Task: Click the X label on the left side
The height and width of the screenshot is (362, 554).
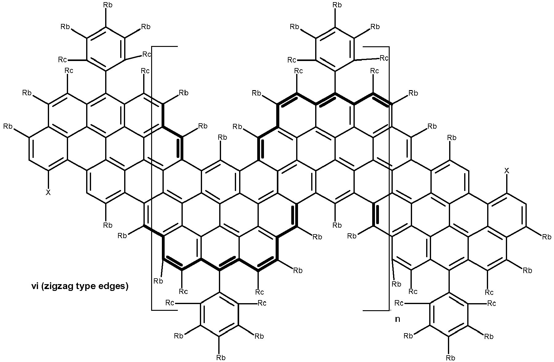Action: (x=48, y=192)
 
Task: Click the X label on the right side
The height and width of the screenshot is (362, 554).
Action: (x=507, y=171)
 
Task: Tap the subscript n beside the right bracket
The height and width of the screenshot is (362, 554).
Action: (x=397, y=319)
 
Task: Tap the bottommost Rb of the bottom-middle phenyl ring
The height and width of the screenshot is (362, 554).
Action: (x=221, y=357)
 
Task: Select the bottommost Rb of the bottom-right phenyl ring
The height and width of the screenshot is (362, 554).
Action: (x=450, y=357)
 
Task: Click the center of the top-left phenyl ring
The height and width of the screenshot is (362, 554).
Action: (x=106, y=49)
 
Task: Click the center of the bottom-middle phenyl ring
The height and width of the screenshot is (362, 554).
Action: (x=220, y=314)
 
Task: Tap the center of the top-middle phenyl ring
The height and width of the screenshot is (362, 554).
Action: (x=335, y=49)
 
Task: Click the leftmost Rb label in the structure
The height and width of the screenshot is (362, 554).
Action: (x=8, y=126)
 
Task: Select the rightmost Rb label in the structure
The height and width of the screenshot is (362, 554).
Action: (x=547, y=237)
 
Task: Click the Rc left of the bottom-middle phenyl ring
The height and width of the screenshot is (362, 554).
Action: (x=170, y=303)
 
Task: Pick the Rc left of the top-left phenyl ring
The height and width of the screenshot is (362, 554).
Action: (x=63, y=59)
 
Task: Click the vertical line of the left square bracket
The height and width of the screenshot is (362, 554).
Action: (x=152, y=178)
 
